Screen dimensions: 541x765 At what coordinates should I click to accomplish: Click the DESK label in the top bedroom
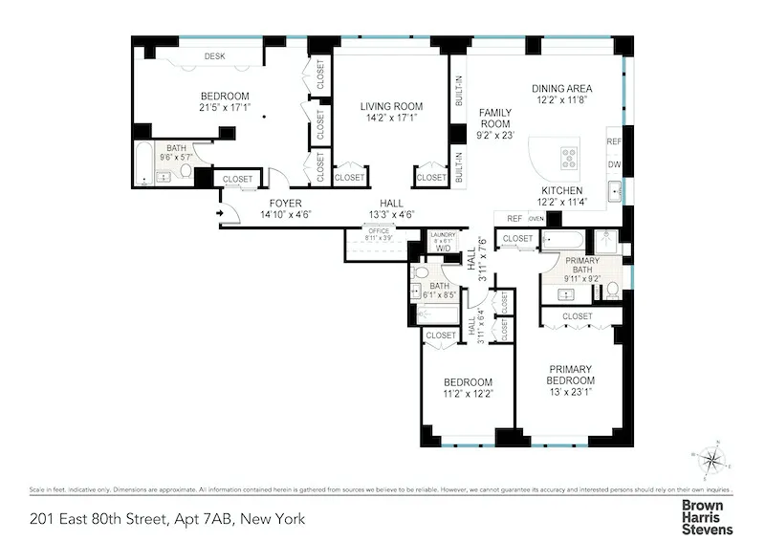pyautogui.click(x=214, y=56)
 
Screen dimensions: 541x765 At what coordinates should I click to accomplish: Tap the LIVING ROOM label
pyautogui.click(x=391, y=106)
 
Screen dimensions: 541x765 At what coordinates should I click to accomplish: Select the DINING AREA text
pyautogui.click(x=570, y=88)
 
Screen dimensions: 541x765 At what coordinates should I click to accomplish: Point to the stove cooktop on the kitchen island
pyautogui.click(x=568, y=157)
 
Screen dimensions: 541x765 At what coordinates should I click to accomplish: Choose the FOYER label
pyautogui.click(x=285, y=204)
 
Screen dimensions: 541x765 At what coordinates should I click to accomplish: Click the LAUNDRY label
pyautogui.click(x=443, y=234)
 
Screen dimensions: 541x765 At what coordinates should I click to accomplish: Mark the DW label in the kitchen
pyautogui.click(x=614, y=164)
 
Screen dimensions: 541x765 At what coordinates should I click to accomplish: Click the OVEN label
pyautogui.click(x=535, y=219)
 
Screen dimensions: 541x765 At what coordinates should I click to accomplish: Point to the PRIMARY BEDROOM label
pyautogui.click(x=570, y=375)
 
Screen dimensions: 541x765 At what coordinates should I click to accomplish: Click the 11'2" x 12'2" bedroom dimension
pyautogui.click(x=468, y=393)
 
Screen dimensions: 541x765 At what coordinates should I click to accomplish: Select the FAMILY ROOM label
pyautogui.click(x=495, y=118)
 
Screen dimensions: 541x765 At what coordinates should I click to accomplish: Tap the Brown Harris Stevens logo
pyautogui.click(x=707, y=516)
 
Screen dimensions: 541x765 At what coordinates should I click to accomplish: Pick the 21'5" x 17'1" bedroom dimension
pyautogui.click(x=225, y=108)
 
